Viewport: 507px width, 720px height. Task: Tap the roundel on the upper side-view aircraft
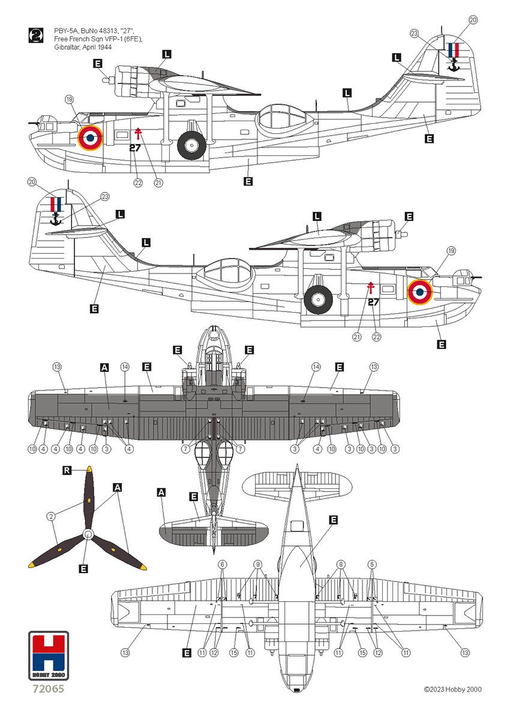point(90,137)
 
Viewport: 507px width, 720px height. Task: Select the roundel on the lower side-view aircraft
point(420,292)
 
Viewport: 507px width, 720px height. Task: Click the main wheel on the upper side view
point(192,145)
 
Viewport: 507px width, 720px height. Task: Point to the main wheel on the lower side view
point(318,298)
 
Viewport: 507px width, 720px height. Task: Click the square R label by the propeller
point(68,472)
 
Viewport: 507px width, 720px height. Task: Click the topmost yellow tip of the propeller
point(89,469)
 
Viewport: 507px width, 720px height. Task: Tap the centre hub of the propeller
point(88,533)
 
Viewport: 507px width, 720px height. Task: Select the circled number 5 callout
point(373,564)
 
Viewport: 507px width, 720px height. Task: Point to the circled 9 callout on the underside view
point(257,564)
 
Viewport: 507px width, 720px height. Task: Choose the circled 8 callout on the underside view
point(341,564)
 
